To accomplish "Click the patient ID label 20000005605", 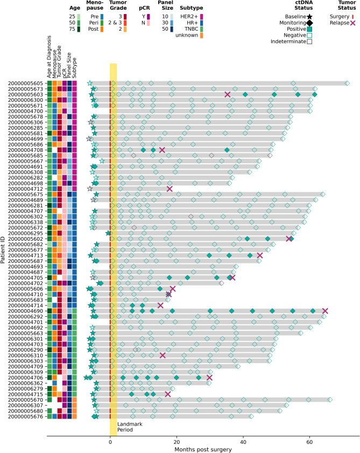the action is click(x=25, y=83).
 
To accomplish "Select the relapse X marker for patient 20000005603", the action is click(x=228, y=94).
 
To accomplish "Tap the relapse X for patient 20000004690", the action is click(x=325, y=311).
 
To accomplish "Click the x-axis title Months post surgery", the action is click(x=203, y=450).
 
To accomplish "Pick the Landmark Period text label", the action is click(x=130, y=427).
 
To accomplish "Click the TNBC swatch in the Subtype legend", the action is click(x=201, y=29).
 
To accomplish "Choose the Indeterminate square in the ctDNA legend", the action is click(x=309, y=41).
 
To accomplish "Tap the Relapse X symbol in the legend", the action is click(x=352, y=23).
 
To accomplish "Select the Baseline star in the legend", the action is click(x=309, y=17).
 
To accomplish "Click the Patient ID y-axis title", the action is click(x=3, y=250).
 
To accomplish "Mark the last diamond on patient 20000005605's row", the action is click(x=347, y=83).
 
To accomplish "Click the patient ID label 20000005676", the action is click(x=25, y=416).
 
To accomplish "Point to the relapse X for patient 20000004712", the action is click(x=170, y=189).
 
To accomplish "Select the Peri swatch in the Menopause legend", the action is click(x=102, y=23).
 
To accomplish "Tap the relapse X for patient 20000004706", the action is click(x=209, y=378).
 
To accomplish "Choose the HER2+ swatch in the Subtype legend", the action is click(x=201, y=17).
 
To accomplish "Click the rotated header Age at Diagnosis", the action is click(x=49, y=57).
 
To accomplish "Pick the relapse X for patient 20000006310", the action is click(x=163, y=356).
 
